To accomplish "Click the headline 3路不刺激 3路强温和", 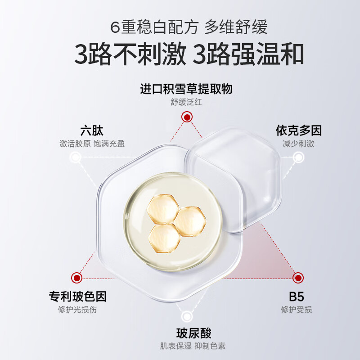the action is [189, 54].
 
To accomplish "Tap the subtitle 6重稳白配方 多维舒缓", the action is [189, 27].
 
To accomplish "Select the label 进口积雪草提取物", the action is [186, 89].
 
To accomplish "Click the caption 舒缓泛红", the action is [186, 102].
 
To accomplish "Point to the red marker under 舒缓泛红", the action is [187, 117].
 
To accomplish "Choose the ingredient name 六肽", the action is [92, 130].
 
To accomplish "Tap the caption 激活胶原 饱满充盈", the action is [92, 144].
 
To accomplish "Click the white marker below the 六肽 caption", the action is [75, 157].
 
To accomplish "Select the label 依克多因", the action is [298, 130].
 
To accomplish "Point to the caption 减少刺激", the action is [298, 144].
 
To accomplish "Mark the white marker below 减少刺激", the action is [298, 157].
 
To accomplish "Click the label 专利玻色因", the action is [77, 297].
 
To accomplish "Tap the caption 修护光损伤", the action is [77, 310].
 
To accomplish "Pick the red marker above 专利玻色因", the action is [76, 278].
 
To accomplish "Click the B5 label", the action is [297, 297].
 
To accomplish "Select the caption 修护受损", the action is [297, 310].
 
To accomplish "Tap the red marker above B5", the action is [298, 278].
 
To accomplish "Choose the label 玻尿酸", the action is [193, 333].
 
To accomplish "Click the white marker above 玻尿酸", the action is [187, 317].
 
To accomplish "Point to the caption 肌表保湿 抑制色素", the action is [193, 346].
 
